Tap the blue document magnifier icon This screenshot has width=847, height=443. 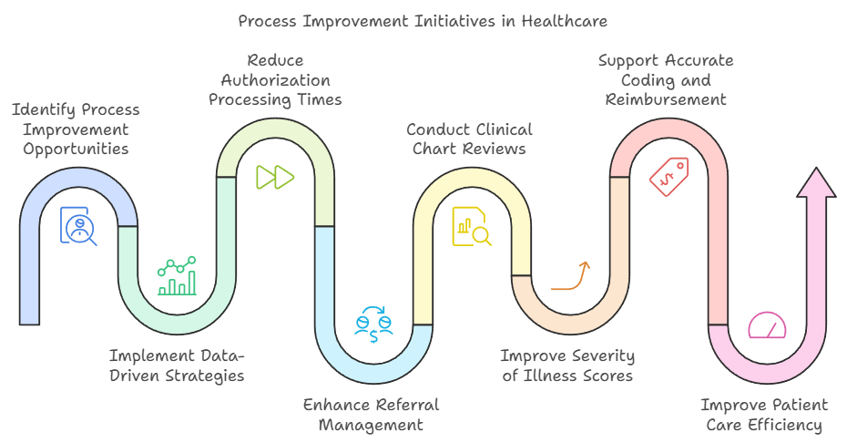click(78, 225)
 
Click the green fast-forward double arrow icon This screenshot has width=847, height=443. click(274, 177)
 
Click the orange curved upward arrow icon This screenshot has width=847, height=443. click(570, 275)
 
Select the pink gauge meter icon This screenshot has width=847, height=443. click(767, 325)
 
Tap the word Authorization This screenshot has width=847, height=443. click(275, 81)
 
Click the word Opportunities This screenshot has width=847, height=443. click(76, 149)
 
